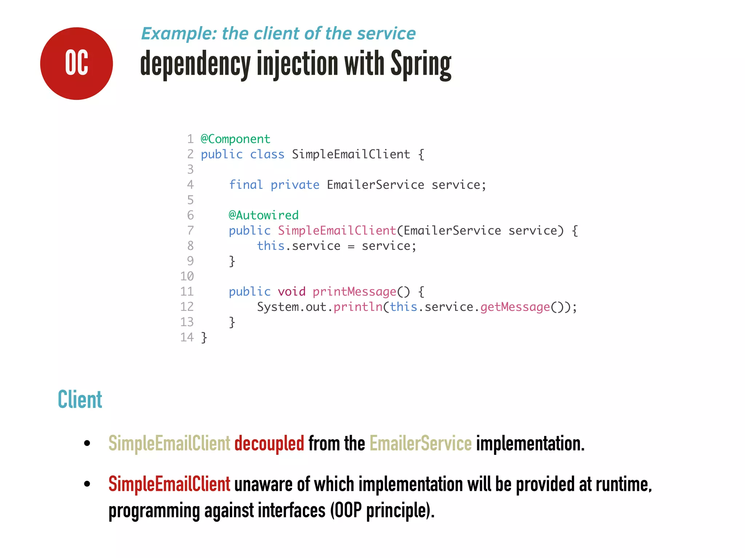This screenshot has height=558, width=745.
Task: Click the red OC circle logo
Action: click(76, 64)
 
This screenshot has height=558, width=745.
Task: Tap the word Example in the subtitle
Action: click(178, 33)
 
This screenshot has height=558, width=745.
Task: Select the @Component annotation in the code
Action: click(235, 139)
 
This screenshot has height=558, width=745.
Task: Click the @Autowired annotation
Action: click(263, 215)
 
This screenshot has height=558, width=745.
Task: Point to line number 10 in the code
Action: click(187, 276)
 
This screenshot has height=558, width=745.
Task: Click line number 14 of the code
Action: click(187, 337)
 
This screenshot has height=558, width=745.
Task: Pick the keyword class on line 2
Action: click(267, 154)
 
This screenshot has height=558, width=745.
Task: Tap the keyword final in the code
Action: click(246, 185)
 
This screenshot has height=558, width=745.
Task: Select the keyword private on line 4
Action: click(295, 185)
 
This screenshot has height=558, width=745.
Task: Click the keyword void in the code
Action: click(291, 292)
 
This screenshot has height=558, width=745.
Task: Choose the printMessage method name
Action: click(354, 292)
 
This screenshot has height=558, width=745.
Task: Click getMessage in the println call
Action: click(515, 307)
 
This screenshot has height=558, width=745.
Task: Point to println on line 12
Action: click(358, 307)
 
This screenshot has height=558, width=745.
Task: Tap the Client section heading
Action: click(80, 400)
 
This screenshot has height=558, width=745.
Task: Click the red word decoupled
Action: click(269, 444)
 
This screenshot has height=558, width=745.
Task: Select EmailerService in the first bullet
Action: click(421, 444)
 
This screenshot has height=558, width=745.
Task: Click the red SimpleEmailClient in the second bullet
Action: click(169, 484)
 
